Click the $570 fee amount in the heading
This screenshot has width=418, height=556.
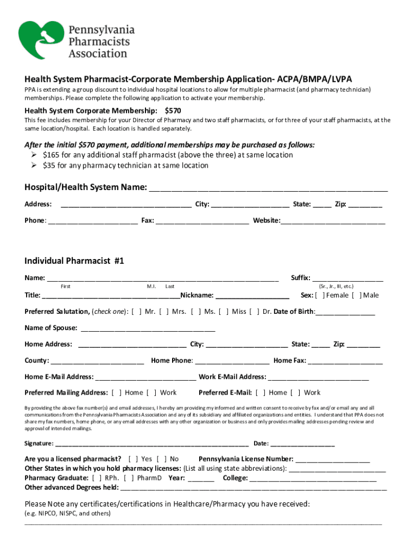[x=173, y=110]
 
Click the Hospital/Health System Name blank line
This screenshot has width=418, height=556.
[x=268, y=189]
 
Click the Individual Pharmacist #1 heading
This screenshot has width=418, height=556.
[x=74, y=261]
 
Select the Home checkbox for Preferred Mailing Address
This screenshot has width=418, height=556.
[x=117, y=393]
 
